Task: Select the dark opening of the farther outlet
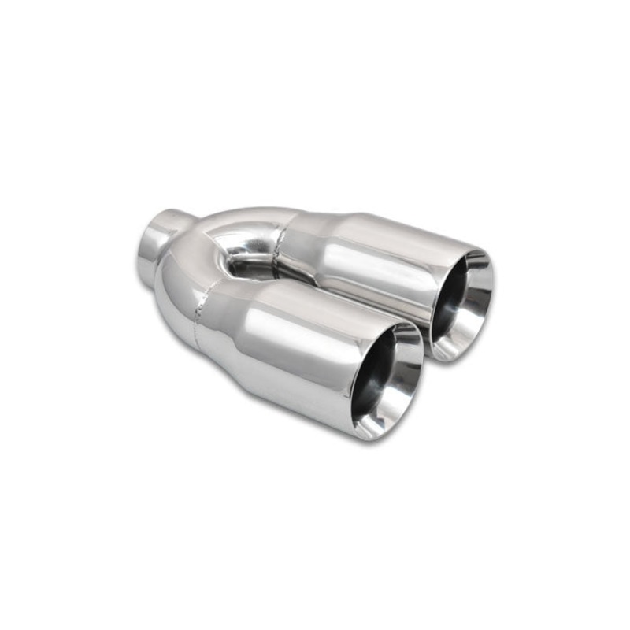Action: (457, 304)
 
